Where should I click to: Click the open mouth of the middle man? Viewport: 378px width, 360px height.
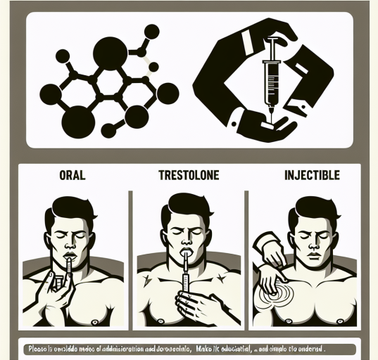tap(187, 247)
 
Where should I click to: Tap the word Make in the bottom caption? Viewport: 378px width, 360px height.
tap(208, 347)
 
